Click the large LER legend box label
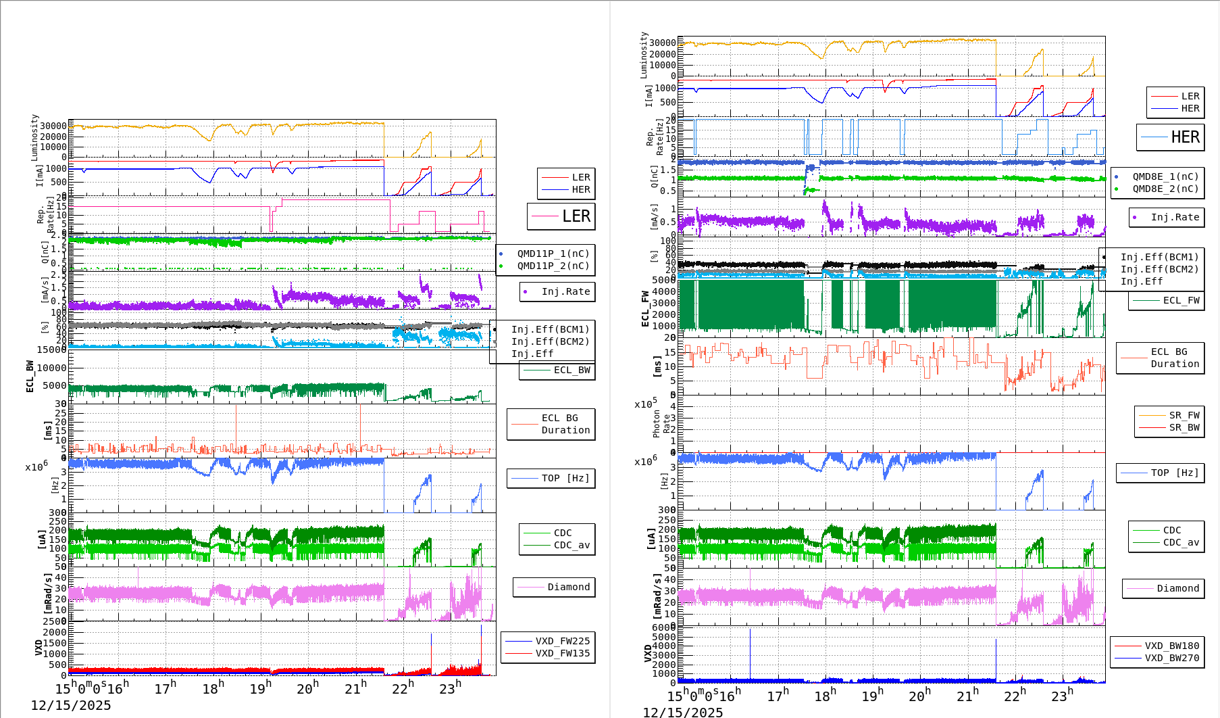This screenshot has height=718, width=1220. coord(576,216)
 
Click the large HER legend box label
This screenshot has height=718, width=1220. coord(1185,137)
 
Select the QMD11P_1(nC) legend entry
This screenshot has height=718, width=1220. coord(553,254)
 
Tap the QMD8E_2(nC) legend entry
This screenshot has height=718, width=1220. coord(1165,189)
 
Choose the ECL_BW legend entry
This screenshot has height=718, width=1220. coord(571,370)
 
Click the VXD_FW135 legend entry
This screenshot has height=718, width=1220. coord(562,653)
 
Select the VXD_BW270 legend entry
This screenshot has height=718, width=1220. coord(1171,658)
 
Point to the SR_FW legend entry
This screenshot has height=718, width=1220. coord(1184,415)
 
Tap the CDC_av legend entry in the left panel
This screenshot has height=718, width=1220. coord(571,545)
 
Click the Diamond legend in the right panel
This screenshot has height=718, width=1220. coord(1177,588)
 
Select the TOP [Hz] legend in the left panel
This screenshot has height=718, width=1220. coord(565,478)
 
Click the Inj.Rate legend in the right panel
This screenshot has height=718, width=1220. coord(1175,217)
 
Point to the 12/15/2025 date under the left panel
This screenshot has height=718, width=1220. coord(71,706)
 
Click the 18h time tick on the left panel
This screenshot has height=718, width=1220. coord(212,689)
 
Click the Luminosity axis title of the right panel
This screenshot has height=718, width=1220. coord(644,55)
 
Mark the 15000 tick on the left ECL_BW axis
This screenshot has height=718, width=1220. coord(51,350)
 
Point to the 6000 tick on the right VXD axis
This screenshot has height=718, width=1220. coord(663,627)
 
